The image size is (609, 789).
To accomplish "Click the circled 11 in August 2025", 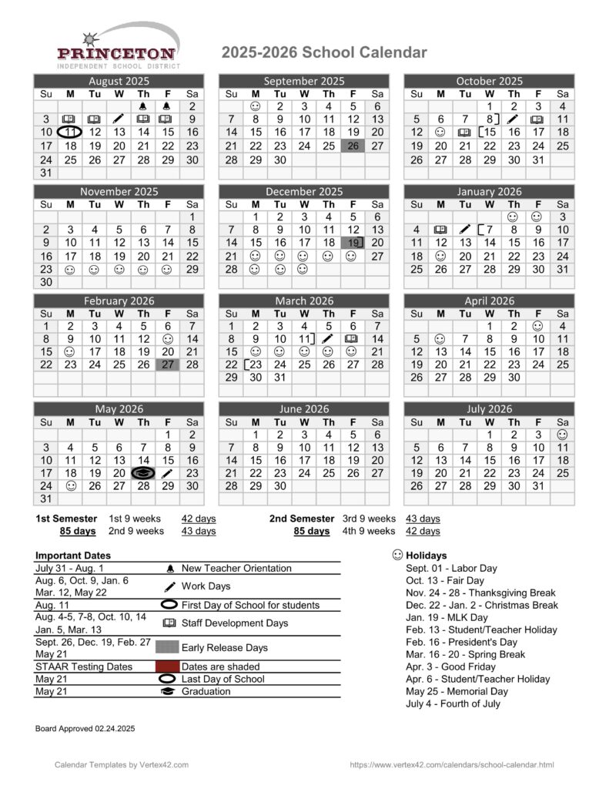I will (x=70, y=133).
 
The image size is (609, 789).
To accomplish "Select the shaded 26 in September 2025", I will (x=353, y=146).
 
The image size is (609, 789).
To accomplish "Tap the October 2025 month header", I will (x=489, y=81).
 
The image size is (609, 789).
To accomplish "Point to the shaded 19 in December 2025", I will (x=353, y=243).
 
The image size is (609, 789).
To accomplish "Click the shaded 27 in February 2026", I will (x=168, y=365).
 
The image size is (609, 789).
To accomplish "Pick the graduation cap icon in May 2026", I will (x=144, y=473).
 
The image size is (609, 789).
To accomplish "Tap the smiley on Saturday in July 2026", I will (x=562, y=435).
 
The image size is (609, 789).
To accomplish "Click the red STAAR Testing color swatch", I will (x=167, y=666).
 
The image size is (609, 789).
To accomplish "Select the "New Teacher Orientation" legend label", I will (x=236, y=568).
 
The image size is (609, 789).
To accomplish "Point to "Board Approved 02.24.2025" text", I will (x=85, y=728).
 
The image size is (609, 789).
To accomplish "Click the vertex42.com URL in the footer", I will (x=451, y=764).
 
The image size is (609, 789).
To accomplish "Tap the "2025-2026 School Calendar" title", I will (x=324, y=52).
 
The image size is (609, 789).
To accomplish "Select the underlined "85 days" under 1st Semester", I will (x=78, y=531).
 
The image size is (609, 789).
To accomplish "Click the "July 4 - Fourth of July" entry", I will (x=453, y=703).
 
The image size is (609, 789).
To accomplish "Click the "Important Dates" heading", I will (x=73, y=556).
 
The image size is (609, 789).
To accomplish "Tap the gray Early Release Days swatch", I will (x=167, y=647).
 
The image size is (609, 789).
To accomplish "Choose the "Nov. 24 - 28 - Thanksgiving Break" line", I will (x=480, y=593).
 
